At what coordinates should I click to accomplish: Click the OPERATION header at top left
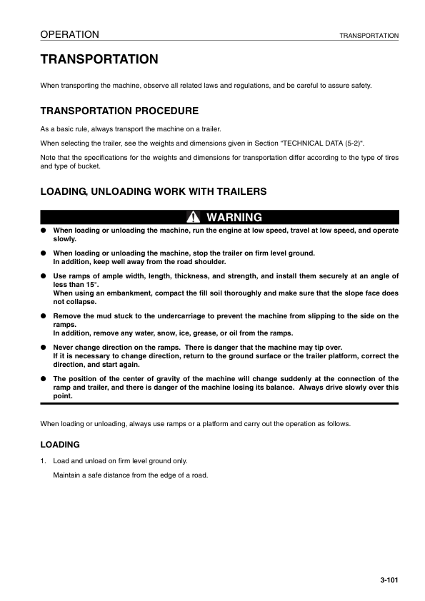(x=69, y=34)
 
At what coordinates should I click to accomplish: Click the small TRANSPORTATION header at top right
(x=369, y=35)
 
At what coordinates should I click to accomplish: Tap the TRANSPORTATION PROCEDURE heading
(x=119, y=111)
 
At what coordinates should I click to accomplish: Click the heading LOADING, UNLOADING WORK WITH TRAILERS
(x=154, y=191)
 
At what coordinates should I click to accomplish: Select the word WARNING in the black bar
(x=234, y=217)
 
